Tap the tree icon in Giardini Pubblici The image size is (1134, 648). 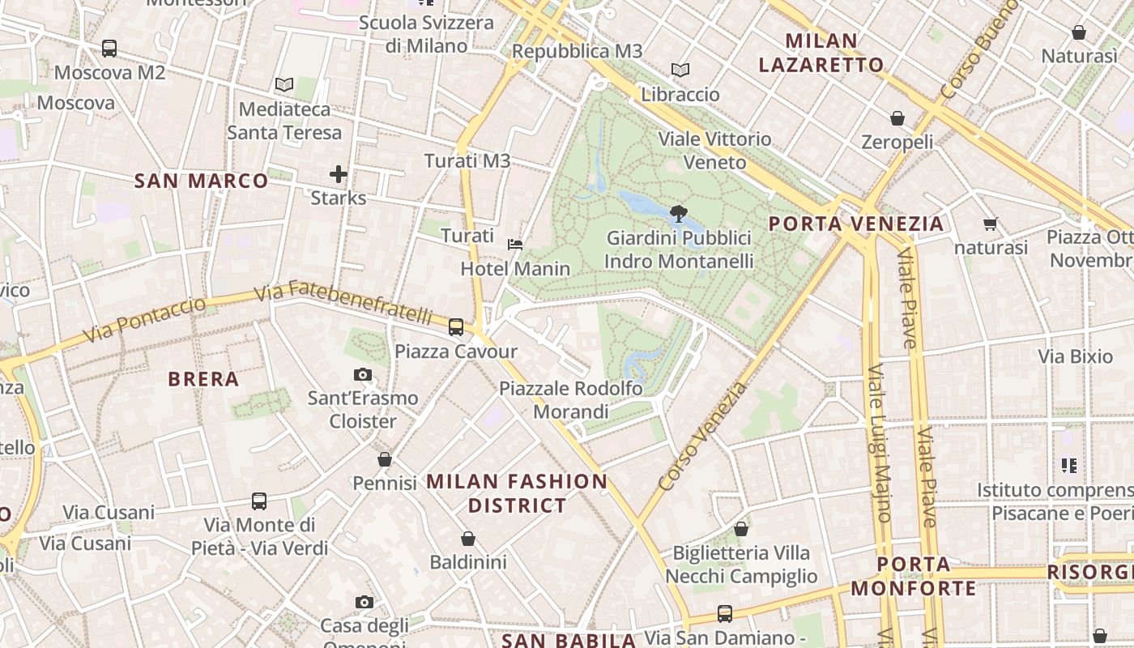[x=679, y=214]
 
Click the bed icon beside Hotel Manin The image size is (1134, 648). [x=515, y=244]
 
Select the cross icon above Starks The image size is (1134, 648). [x=339, y=173]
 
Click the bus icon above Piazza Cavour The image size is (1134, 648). [x=456, y=327]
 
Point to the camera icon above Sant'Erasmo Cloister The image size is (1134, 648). [x=363, y=374]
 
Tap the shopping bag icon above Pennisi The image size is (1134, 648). [x=385, y=459]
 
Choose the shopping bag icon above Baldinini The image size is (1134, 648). [x=468, y=539]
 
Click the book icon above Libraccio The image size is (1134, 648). [x=680, y=70]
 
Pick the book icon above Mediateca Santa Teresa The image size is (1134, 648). [x=283, y=84]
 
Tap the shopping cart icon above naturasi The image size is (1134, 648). [x=990, y=224]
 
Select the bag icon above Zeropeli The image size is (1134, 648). [x=897, y=118]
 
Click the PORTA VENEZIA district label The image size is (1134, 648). [x=856, y=224]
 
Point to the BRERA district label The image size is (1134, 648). [x=203, y=379]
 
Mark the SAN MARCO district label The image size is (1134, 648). [x=201, y=181]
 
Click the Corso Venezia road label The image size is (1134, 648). [x=702, y=437]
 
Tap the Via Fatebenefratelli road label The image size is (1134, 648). [x=344, y=302]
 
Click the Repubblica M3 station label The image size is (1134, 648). [x=578, y=52]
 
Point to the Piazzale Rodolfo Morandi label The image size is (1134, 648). [x=571, y=400]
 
